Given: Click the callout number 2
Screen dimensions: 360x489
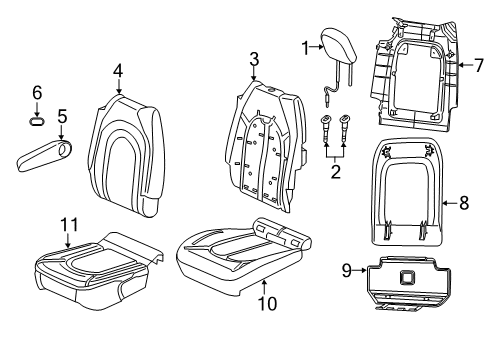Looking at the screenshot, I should click(x=335, y=172).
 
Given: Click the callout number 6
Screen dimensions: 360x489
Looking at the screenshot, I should click(x=38, y=92).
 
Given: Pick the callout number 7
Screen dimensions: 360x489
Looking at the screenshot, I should click(x=478, y=65).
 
